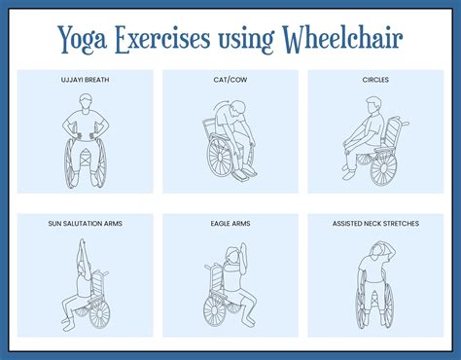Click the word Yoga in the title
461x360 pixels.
[x=83, y=41]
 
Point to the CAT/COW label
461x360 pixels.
[x=230, y=79]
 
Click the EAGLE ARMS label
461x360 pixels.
[x=230, y=224]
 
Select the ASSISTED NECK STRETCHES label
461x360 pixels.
[x=374, y=224]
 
